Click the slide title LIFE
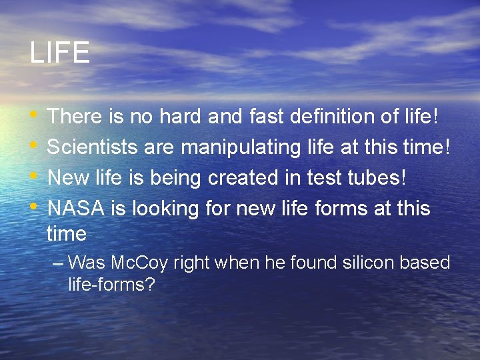(59, 53)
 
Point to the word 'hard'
(181, 117)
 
